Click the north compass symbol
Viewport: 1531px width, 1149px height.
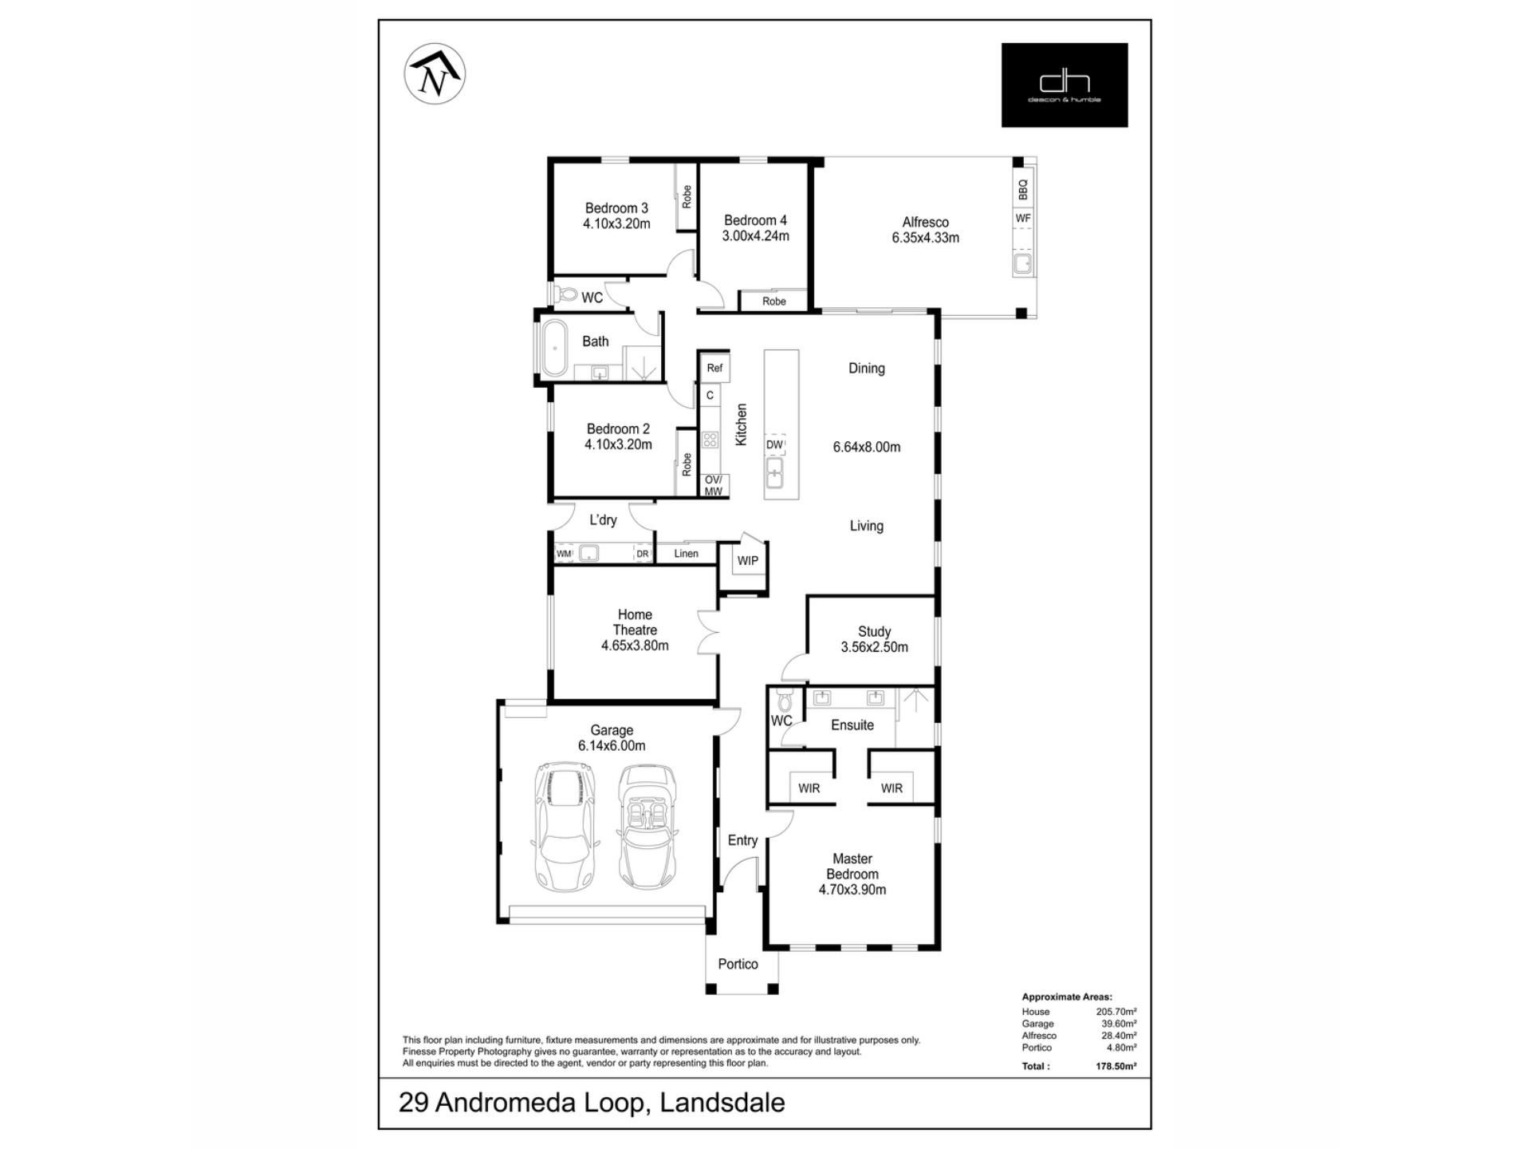click(x=435, y=73)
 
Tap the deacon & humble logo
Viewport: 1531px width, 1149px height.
click(x=1065, y=85)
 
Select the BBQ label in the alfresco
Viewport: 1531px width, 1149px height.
click(x=1023, y=190)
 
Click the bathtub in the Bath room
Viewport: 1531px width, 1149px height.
click(x=554, y=348)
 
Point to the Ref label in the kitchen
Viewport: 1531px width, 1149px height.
click(x=714, y=368)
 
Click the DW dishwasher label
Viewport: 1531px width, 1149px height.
click(x=774, y=444)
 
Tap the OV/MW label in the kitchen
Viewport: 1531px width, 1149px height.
click(x=713, y=485)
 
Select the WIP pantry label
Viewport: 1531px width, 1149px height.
click(x=747, y=560)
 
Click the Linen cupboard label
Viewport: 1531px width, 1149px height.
click(x=686, y=553)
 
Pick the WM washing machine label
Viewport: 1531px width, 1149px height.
click(x=564, y=554)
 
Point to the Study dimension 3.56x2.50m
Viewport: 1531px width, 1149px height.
click(x=874, y=647)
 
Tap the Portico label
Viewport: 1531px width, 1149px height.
click(x=738, y=964)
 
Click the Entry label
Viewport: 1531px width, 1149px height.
click(x=742, y=840)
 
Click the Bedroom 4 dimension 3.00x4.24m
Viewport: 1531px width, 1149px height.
click(x=755, y=235)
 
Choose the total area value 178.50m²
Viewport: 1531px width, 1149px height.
click(x=1116, y=1066)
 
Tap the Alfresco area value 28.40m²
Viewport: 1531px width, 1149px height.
click(x=1120, y=1036)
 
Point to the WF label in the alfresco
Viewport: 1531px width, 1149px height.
click(x=1023, y=218)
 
